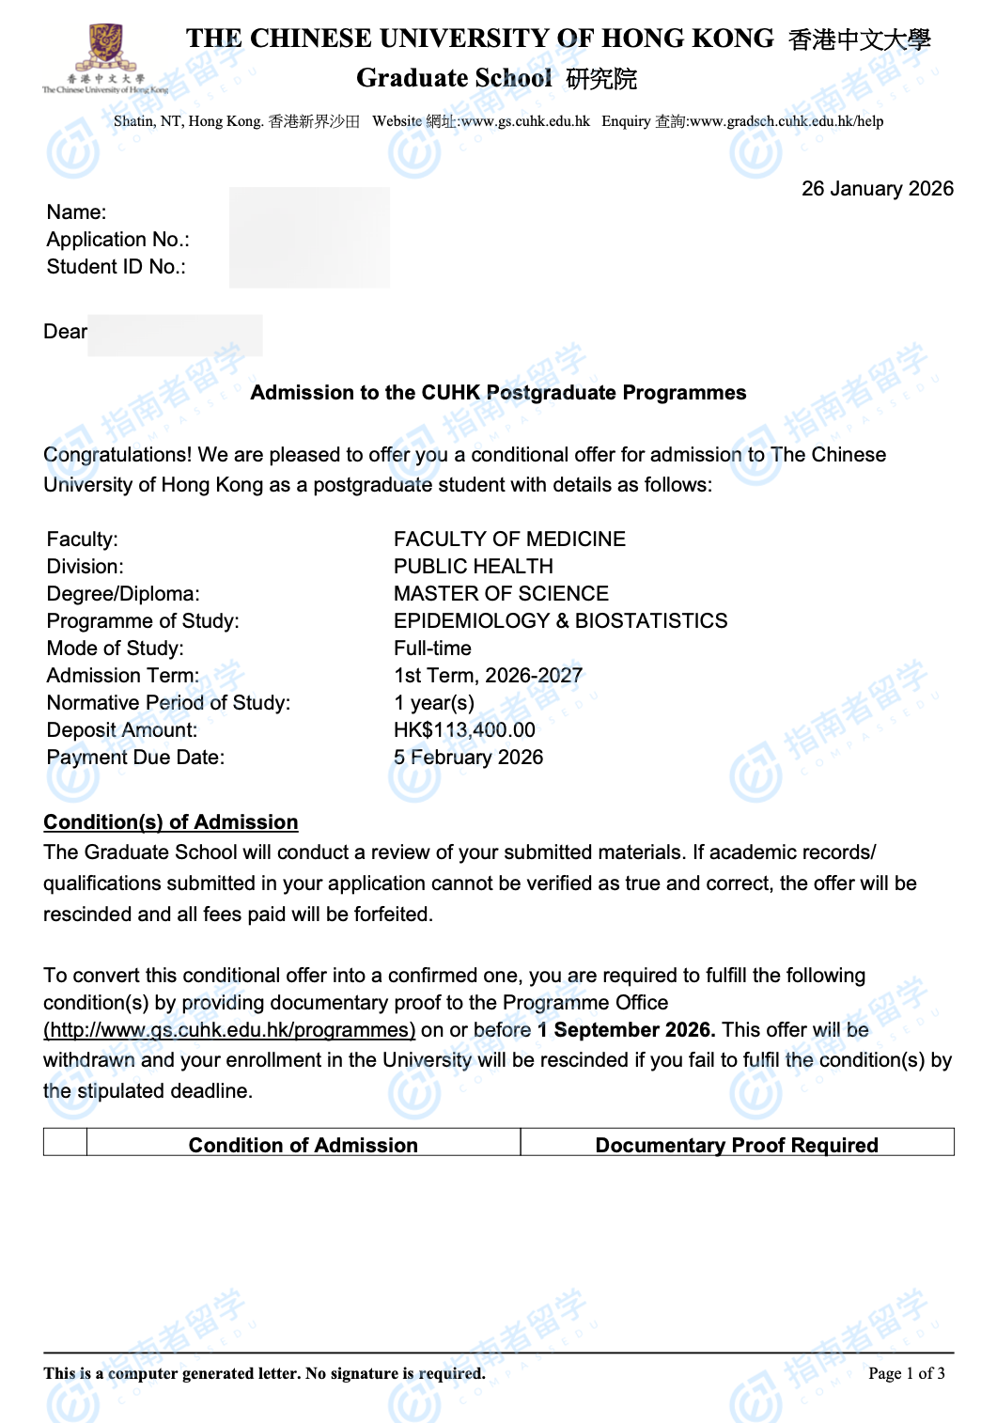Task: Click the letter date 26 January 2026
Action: [x=877, y=189]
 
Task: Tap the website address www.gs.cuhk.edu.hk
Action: [x=525, y=121]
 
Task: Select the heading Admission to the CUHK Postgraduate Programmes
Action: [x=498, y=393]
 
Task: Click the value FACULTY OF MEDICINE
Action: [x=509, y=539]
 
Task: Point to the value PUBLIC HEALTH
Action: [x=473, y=567]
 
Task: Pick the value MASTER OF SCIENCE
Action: [x=501, y=594]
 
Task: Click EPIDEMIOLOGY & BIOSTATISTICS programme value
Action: [x=560, y=621]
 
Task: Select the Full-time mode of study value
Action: [x=432, y=649]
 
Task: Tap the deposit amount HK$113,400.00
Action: [x=464, y=730]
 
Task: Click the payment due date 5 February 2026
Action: [x=468, y=758]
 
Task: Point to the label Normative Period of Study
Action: [x=168, y=703]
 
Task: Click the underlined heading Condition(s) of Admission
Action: [x=170, y=822]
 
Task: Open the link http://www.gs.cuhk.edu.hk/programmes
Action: [x=229, y=1030]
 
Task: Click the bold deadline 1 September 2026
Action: [x=626, y=1030]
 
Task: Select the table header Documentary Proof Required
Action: [x=737, y=1145]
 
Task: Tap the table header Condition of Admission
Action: [x=303, y=1145]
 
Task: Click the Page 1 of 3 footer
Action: [x=906, y=1373]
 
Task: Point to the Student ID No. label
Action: [x=117, y=267]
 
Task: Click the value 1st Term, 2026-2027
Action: [x=488, y=676]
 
